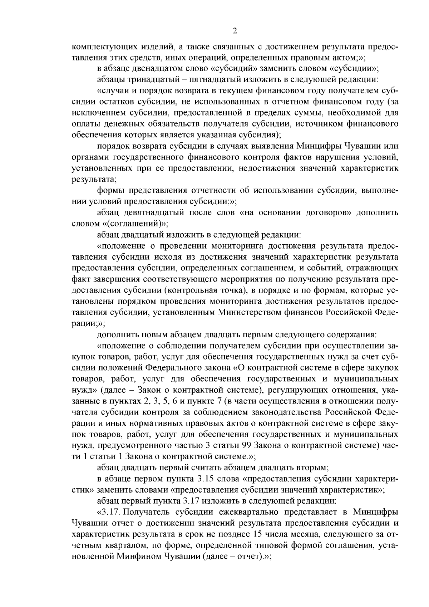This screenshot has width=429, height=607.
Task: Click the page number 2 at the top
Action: (x=235, y=31)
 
